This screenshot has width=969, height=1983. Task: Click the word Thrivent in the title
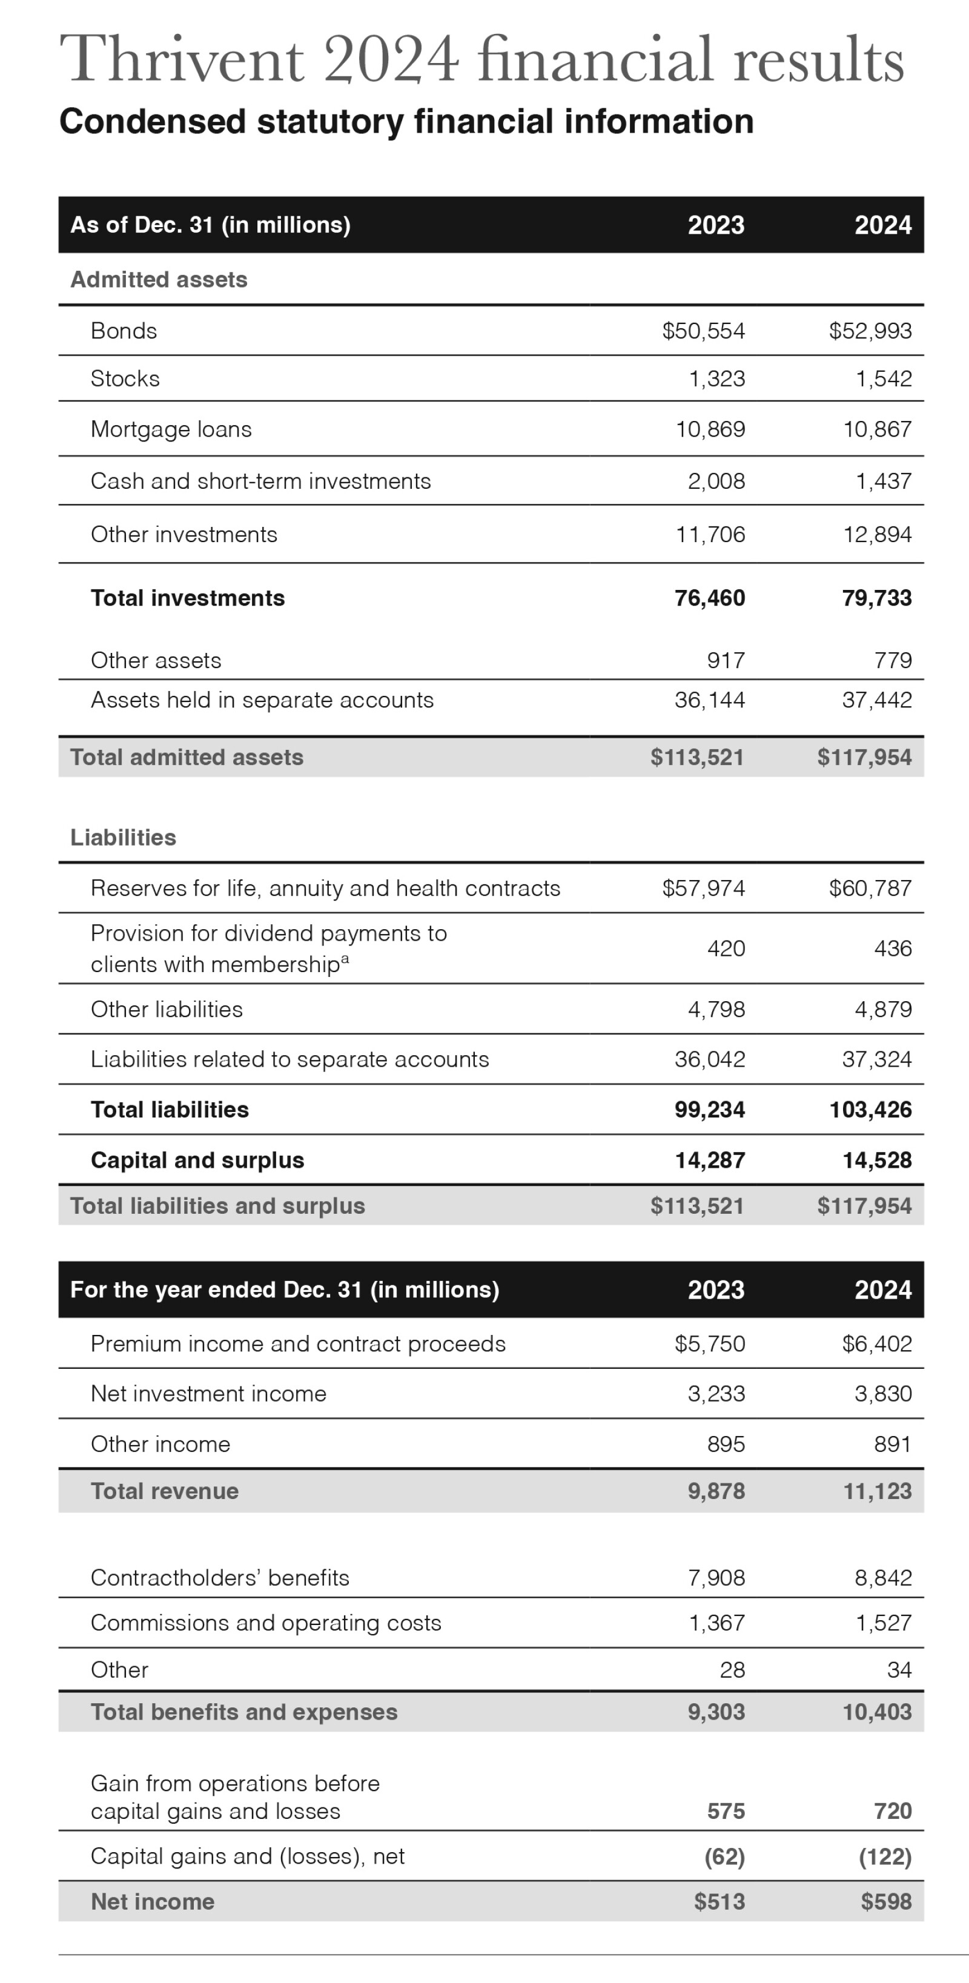coord(182,60)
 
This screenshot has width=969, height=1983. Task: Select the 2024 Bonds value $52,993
coord(870,331)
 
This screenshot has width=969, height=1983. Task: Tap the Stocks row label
coord(125,379)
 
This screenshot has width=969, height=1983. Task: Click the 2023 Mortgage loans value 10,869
coord(710,429)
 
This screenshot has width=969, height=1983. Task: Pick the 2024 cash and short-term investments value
coord(883,481)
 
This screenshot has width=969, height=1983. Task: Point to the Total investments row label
coord(188,598)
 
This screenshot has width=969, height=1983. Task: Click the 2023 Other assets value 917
coord(725,660)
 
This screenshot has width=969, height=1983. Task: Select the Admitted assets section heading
coord(159,279)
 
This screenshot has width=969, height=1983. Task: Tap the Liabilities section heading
coord(123,838)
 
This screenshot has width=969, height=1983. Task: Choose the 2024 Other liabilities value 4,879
coord(883,1009)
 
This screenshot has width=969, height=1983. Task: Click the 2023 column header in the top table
coord(716,225)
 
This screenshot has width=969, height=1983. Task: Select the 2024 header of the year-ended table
coord(883,1290)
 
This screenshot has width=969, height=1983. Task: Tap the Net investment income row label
coord(208,1394)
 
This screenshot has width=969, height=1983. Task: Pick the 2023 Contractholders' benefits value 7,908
coord(716,1578)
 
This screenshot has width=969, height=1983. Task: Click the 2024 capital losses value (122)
coord(884,1857)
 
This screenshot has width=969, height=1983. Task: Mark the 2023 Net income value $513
coord(719,1902)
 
